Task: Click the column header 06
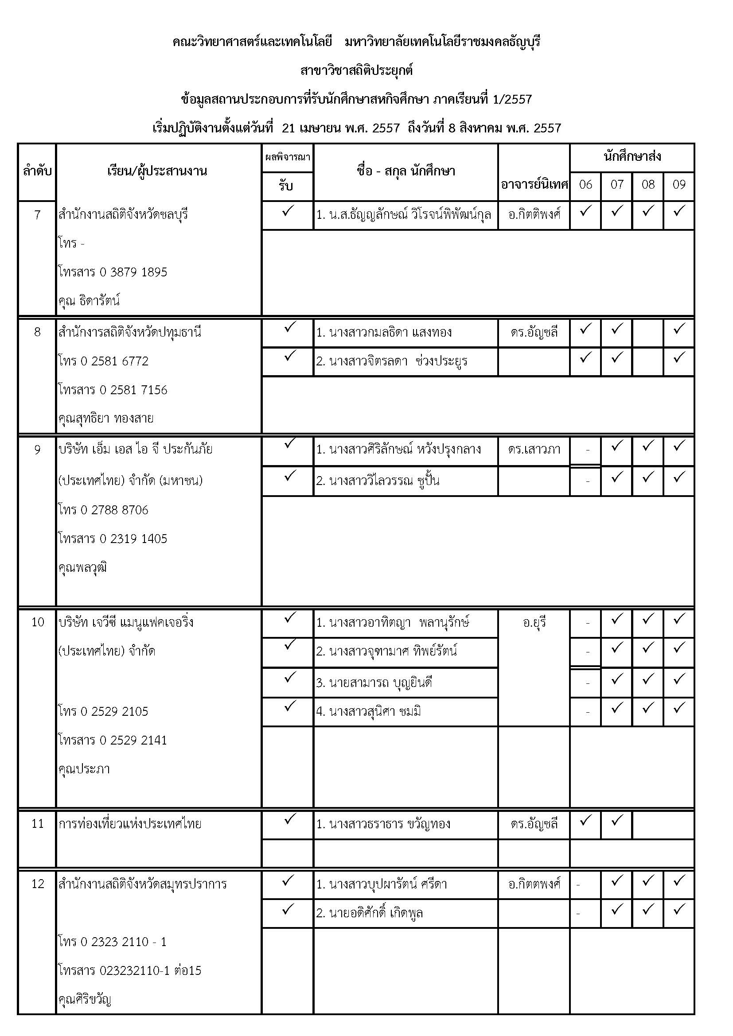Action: tap(585, 185)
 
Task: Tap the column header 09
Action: tap(679, 185)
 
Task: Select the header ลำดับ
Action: tap(37, 171)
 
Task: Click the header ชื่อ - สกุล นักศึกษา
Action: tap(405, 171)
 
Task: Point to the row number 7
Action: tap(37, 215)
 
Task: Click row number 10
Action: tap(38, 622)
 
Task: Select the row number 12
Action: tap(38, 884)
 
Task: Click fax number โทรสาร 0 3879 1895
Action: tap(113, 272)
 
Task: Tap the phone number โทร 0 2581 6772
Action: tap(103, 361)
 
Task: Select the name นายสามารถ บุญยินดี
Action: tap(374, 683)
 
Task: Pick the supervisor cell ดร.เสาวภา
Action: tap(534, 450)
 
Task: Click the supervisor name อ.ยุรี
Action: tap(534, 623)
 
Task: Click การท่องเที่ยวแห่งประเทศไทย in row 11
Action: tap(130, 824)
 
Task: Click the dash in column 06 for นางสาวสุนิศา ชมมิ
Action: tap(587, 713)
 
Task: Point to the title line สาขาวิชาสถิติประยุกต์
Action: tap(357, 71)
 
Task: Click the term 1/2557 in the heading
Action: tap(513, 99)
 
